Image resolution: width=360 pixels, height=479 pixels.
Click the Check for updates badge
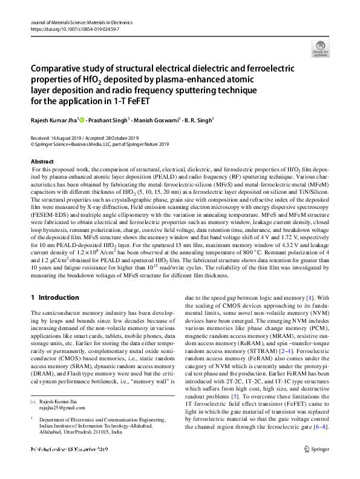[x=320, y=49]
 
